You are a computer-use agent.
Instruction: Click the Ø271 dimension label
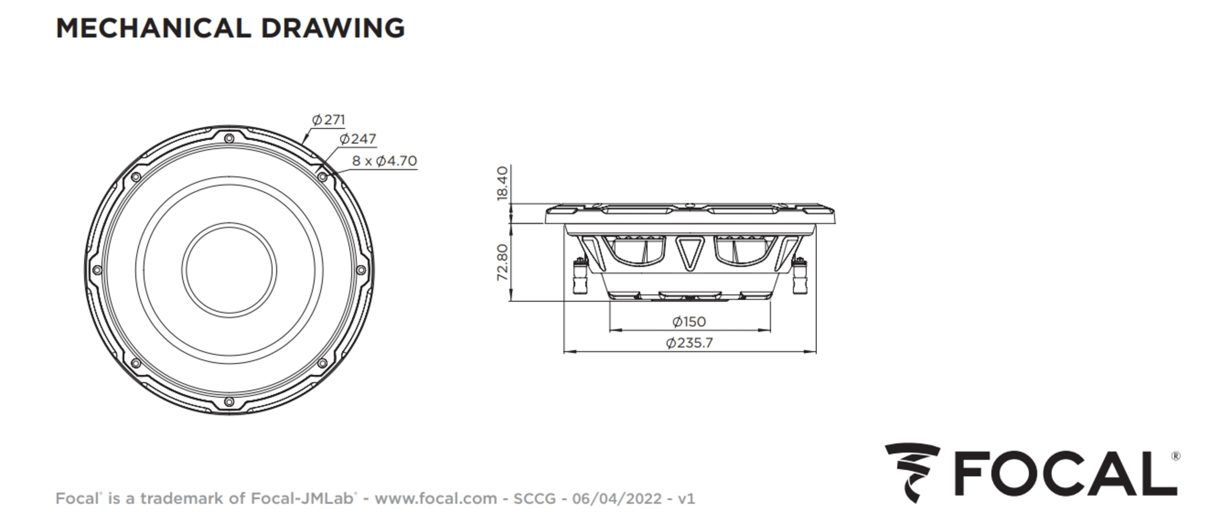[328, 119]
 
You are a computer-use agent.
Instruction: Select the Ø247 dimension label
[357, 139]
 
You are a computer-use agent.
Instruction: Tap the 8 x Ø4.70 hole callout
[384, 160]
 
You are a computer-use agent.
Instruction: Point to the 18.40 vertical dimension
[502, 183]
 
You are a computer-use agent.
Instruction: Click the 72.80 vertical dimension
[502, 262]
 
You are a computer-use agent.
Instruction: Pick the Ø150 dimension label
[689, 322]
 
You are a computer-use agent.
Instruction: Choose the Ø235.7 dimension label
[689, 343]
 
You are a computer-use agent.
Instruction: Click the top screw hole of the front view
[229, 139]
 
